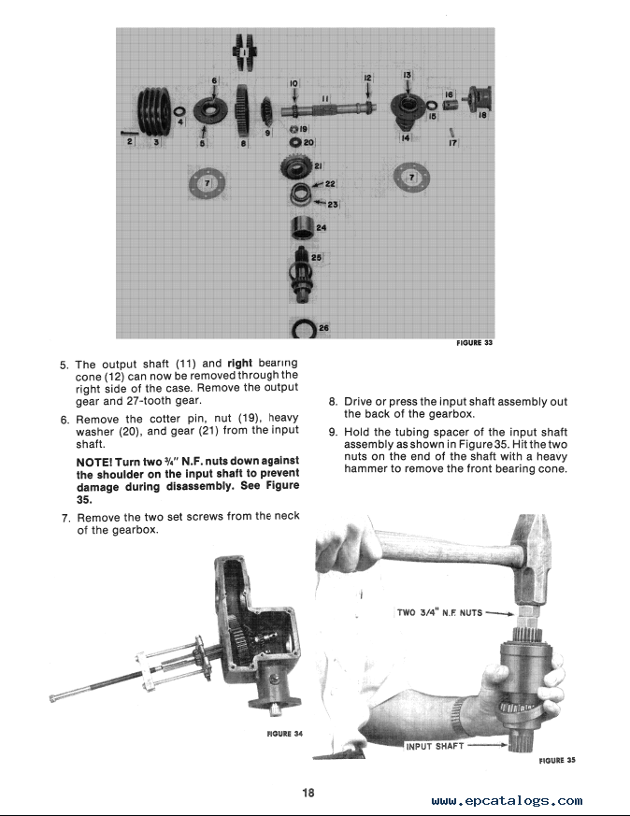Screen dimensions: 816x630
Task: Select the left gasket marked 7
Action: point(208,181)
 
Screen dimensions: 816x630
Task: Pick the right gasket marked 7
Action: point(412,177)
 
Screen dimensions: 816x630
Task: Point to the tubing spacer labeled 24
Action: point(302,227)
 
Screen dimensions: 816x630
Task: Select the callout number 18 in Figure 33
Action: point(481,117)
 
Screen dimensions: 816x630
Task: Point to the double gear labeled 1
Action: point(246,51)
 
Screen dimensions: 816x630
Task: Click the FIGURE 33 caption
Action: point(474,343)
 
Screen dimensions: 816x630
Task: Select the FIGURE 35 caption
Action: point(556,760)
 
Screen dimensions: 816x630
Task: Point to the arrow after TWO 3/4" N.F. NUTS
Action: point(501,614)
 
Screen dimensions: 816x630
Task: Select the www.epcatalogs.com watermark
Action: point(508,801)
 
